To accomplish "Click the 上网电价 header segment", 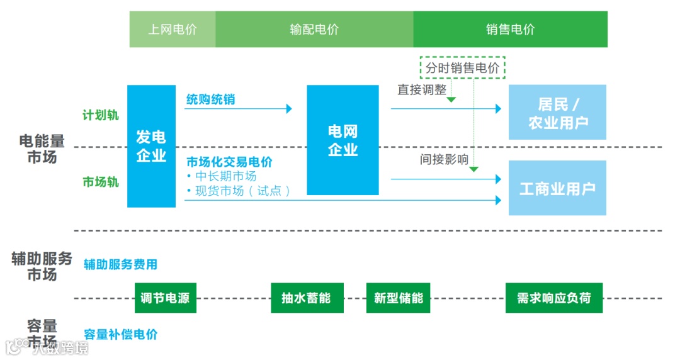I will click(173, 29).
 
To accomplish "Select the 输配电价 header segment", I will click(314, 29).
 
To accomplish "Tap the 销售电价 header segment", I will click(510, 29).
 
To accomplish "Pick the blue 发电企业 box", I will click(151, 146).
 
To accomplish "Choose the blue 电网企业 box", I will click(343, 140).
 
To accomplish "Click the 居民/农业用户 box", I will click(557, 112).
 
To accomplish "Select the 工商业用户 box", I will click(557, 188).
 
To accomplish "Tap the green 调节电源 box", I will click(166, 298).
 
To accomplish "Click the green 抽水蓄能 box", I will click(307, 298).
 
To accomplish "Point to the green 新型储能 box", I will click(398, 298).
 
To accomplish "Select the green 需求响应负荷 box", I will click(553, 298).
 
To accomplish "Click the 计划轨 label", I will click(100, 115).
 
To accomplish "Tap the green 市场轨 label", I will click(100, 182).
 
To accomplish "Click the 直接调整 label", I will click(421, 90).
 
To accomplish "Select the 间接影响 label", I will click(444, 160).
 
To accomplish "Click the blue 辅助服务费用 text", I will click(120, 265).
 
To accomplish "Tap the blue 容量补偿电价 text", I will click(120, 335).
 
